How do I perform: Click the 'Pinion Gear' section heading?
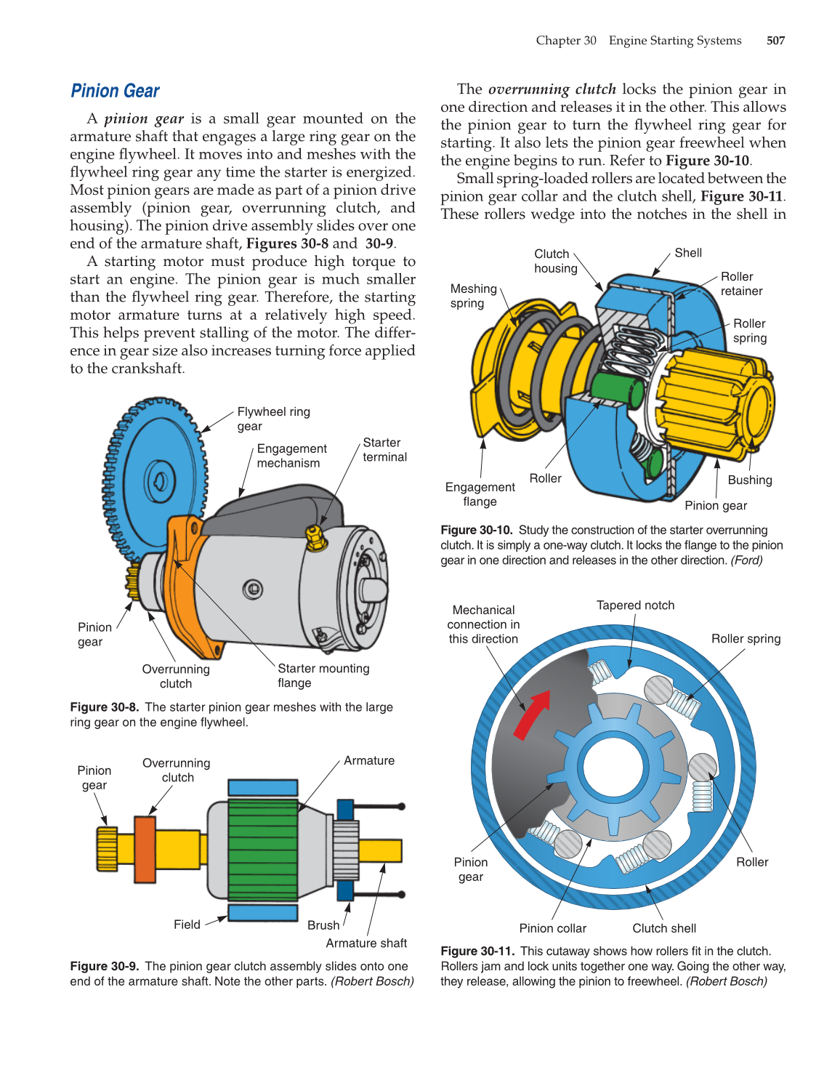(x=115, y=91)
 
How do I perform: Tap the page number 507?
(x=775, y=41)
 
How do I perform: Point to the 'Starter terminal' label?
(x=384, y=449)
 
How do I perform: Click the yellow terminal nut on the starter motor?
(x=315, y=538)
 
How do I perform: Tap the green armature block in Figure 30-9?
(x=262, y=850)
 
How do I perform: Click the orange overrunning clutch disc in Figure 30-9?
(x=145, y=849)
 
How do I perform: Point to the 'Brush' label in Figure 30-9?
(x=323, y=925)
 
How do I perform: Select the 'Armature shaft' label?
(x=366, y=943)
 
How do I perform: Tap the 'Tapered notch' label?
(x=635, y=605)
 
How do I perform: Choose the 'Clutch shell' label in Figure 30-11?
(x=663, y=928)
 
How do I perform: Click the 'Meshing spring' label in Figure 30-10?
(x=473, y=295)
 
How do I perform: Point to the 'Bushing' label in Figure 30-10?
(x=749, y=480)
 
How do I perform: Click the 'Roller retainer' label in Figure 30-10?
(x=740, y=283)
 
